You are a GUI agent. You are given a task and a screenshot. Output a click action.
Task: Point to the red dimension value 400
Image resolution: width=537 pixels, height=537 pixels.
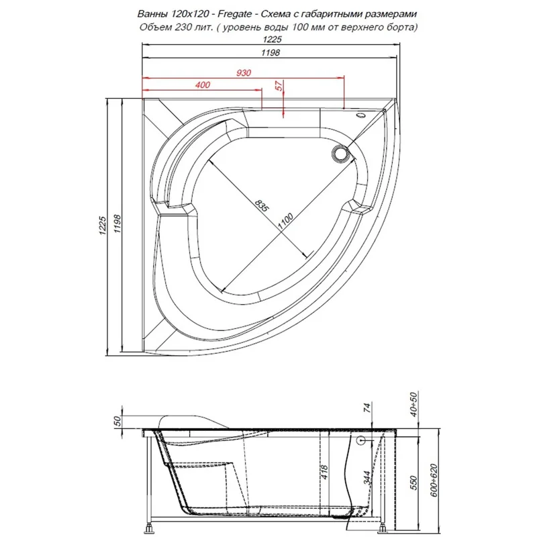tap(202, 85)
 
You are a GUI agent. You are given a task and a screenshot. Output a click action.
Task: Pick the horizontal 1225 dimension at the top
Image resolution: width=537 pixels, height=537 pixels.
tap(273, 40)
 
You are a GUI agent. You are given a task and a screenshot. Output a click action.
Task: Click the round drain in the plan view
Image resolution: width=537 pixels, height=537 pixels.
tap(340, 154)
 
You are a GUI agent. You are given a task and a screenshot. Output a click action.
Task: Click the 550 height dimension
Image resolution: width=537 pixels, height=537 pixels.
tap(414, 481)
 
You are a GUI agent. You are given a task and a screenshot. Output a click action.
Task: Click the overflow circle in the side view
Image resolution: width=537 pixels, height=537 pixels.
tap(362, 440)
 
